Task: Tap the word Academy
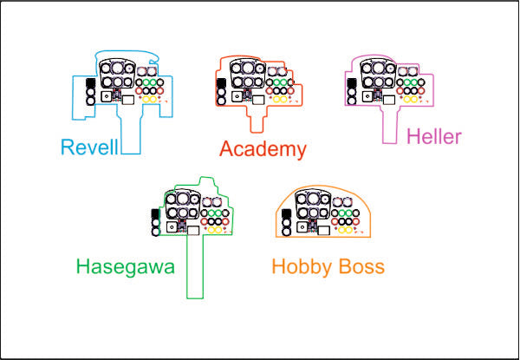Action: (263, 149)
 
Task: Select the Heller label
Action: (436, 136)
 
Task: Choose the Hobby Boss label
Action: (328, 266)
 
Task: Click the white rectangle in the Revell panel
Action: (127, 99)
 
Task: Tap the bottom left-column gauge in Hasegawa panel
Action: (155, 232)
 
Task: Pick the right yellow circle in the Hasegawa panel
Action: (220, 230)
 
